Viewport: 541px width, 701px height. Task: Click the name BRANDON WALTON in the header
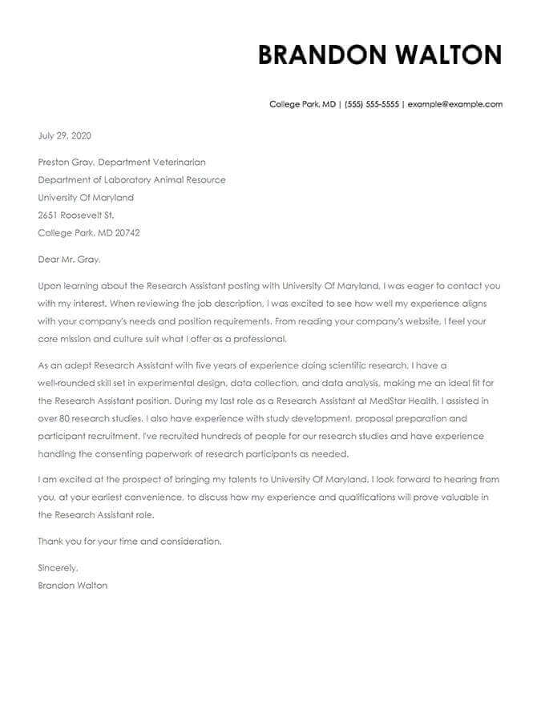click(x=380, y=54)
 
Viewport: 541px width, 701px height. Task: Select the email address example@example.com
click(x=454, y=104)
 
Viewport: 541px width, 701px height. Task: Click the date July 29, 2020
click(x=64, y=135)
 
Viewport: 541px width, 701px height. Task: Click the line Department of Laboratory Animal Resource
click(x=131, y=179)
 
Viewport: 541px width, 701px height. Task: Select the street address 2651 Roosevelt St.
click(x=77, y=215)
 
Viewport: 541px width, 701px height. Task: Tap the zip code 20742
click(x=127, y=233)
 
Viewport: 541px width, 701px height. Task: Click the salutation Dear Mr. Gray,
click(x=70, y=260)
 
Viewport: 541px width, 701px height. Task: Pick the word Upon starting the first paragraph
click(x=49, y=285)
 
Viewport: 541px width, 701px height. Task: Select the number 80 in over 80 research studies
click(x=67, y=418)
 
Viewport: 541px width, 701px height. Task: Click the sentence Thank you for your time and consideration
click(x=130, y=542)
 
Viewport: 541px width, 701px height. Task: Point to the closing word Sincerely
click(x=58, y=568)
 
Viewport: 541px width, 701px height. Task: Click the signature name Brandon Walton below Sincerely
click(x=72, y=586)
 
